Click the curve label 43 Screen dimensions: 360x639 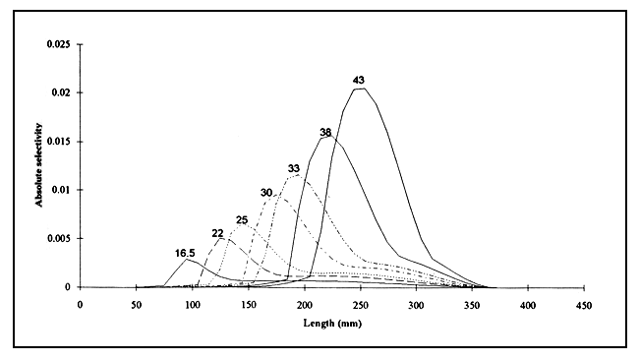point(360,79)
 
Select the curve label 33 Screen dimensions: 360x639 point(293,168)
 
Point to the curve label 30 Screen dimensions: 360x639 point(265,192)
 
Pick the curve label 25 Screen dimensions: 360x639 point(241,218)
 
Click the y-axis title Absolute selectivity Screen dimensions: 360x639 point(40,165)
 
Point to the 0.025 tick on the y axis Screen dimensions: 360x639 point(57,44)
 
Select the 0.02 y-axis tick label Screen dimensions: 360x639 point(60,92)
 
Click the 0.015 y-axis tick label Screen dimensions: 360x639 point(57,142)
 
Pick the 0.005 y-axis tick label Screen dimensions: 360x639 point(57,239)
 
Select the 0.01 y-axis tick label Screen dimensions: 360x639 point(60,190)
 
